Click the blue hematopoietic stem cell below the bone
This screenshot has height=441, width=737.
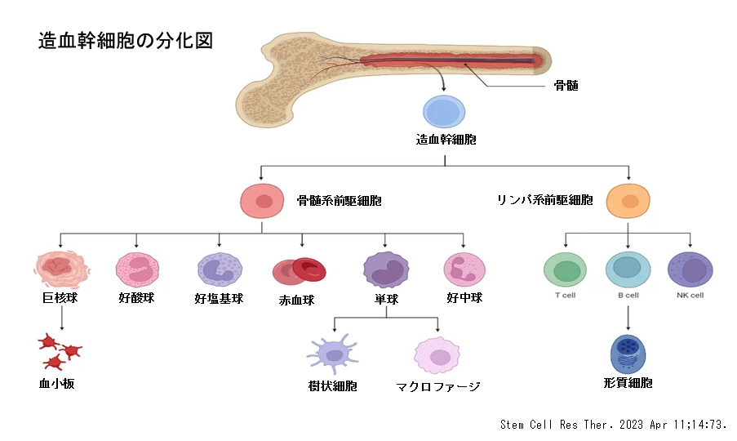pos(444,112)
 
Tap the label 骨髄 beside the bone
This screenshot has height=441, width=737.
pos(566,86)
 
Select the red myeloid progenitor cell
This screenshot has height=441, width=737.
pos(262,201)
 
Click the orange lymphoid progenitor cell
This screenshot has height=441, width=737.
pos(628,201)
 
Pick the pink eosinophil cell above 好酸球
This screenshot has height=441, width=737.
pos(137,269)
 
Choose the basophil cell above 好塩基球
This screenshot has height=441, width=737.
pos(220,269)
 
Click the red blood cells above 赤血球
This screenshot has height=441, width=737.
pos(299,272)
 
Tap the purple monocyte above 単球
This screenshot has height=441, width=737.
pos(386,269)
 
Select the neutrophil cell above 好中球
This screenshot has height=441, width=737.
pos(464,269)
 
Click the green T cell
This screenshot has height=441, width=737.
pos(565,269)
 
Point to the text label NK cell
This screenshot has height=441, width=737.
pos(690,296)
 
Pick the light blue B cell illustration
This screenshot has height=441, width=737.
pos(628,269)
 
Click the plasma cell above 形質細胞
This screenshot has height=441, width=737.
pos(628,354)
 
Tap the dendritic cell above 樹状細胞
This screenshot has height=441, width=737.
pos(333,354)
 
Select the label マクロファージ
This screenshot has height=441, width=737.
pos(438,386)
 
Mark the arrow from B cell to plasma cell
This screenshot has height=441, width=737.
pos(628,318)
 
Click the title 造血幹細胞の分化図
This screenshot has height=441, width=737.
pos(126,41)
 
